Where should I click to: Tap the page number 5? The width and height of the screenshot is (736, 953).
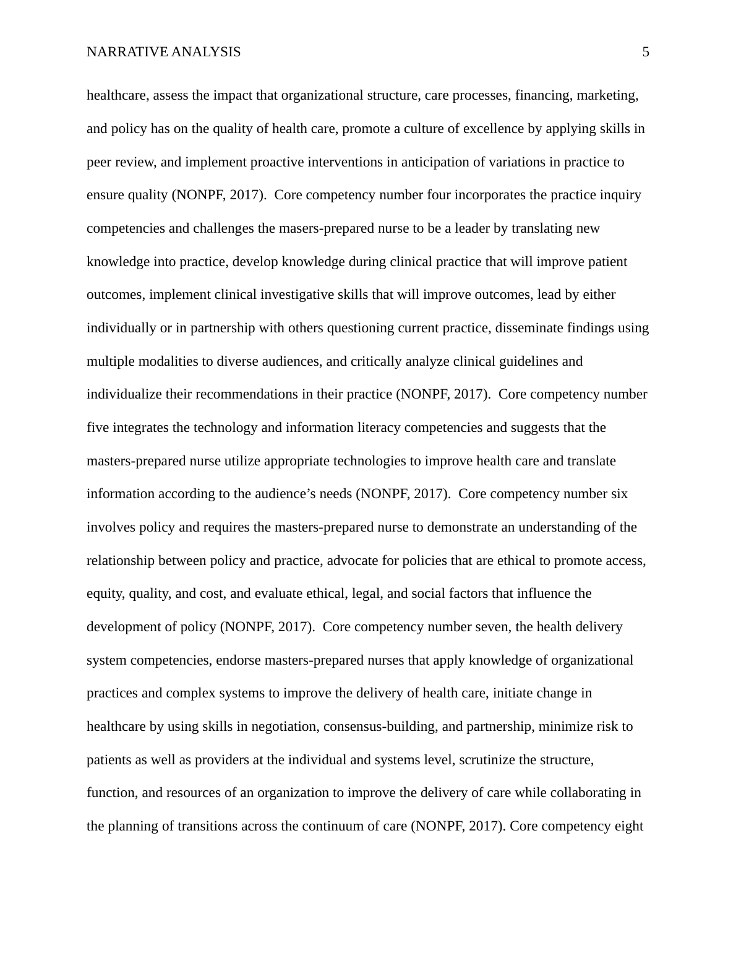point(646,53)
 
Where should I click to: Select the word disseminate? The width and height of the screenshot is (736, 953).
point(528,328)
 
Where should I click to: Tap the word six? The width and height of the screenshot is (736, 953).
point(619,494)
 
